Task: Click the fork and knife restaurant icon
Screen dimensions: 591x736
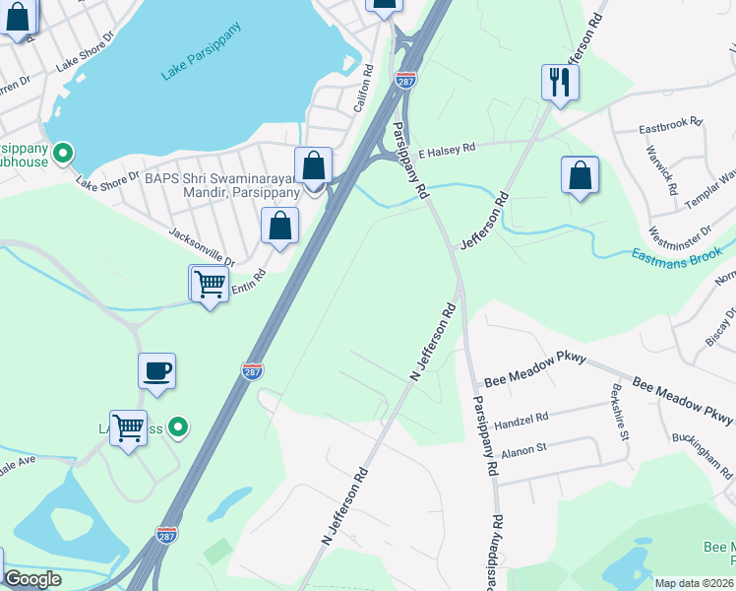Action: tap(559, 83)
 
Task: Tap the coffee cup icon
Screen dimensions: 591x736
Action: tap(157, 371)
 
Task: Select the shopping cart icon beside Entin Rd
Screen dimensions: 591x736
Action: tap(210, 284)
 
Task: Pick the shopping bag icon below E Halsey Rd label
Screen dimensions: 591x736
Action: tap(581, 175)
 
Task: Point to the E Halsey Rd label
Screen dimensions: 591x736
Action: tap(446, 150)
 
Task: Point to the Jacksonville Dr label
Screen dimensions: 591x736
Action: tap(202, 247)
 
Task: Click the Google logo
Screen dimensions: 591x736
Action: tap(32, 579)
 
